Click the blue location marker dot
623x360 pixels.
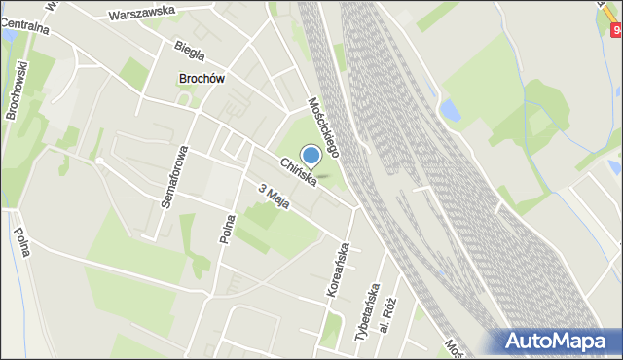point(311,155)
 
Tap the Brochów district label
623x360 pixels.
point(202,79)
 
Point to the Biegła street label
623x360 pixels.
point(188,47)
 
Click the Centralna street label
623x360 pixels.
point(23,26)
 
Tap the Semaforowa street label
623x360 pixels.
point(173,176)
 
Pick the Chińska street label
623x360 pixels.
point(297,172)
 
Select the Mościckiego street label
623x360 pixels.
point(322,126)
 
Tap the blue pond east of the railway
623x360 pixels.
point(450,110)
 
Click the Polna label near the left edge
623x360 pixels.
point(22,241)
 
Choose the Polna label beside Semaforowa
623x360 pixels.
point(226,226)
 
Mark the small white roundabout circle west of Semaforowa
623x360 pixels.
point(99,161)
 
